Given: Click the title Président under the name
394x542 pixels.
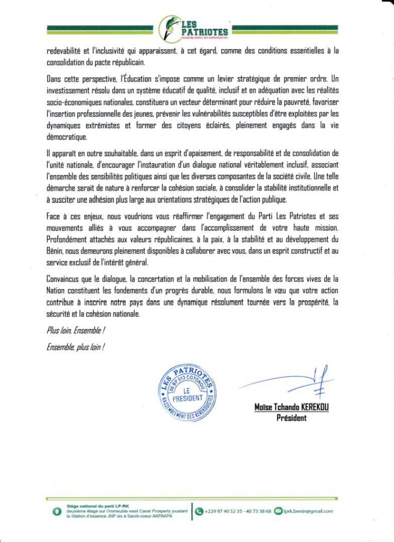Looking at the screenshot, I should (291, 418).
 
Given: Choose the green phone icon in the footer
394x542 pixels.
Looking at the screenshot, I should (200, 511).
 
